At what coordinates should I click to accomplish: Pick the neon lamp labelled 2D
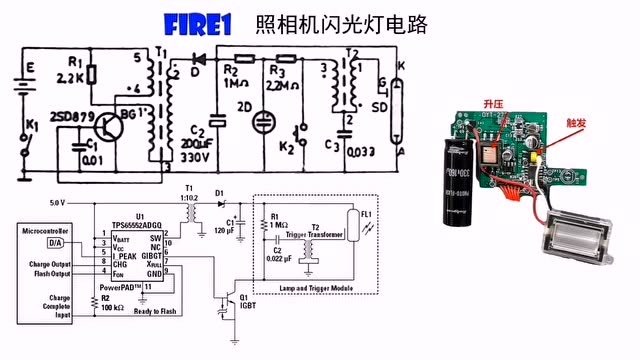[264, 120]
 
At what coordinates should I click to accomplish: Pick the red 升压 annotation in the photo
[493, 104]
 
